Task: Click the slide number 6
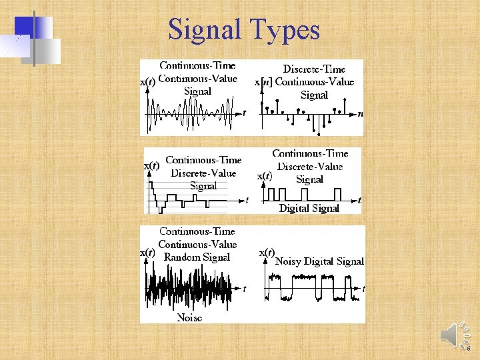469,348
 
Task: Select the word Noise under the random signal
189,317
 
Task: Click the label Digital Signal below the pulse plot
309,208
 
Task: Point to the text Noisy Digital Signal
319,261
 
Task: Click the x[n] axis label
264,82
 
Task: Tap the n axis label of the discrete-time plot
360,113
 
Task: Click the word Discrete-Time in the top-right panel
314,69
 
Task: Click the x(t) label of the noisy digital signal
266,253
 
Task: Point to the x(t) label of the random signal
147,253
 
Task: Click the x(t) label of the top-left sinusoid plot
147,81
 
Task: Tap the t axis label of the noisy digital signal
363,289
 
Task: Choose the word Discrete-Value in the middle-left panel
203,173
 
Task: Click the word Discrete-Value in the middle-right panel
310,166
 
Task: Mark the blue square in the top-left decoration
24,26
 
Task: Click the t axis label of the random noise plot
244,289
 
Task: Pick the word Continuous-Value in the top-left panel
197,78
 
